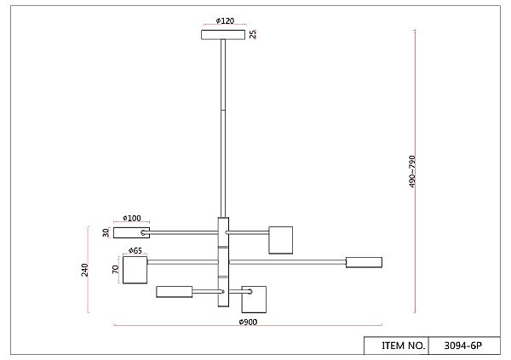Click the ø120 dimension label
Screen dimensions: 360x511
tap(225, 20)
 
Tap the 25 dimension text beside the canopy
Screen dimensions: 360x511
tap(253, 34)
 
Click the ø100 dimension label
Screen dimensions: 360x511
tap(131, 219)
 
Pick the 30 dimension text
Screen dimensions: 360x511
tap(106, 232)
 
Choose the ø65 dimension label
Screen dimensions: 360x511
tap(135, 250)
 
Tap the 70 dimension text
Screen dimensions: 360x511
tap(115, 269)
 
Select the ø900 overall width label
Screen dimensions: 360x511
tap(248, 323)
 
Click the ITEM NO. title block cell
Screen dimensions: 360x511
tap(404, 346)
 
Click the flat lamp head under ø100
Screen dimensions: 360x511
tap(131, 231)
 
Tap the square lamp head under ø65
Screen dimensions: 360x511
tap(135, 270)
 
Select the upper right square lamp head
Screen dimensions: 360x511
tap(281, 239)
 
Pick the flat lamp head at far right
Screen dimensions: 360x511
tap(364, 262)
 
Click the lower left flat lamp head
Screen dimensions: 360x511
tap(175, 292)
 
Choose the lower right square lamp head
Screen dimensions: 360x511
tap(255, 300)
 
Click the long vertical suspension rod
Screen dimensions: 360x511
tap(223, 128)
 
